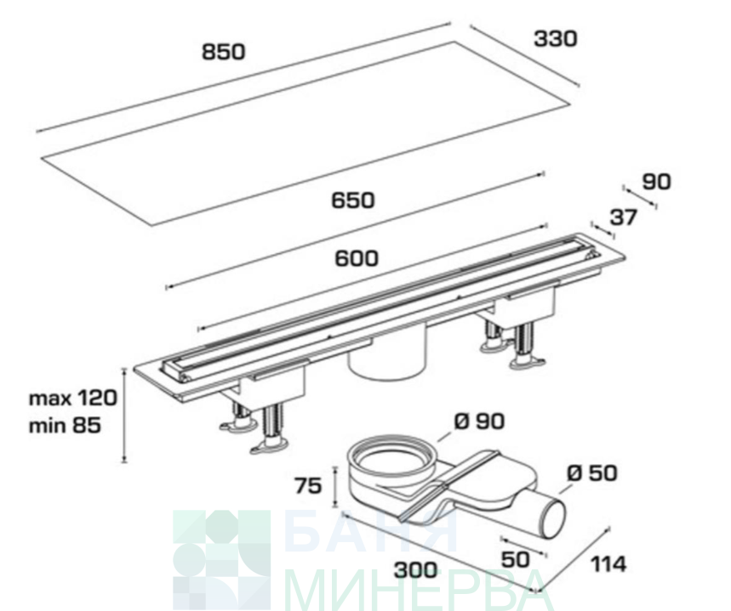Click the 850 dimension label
click(x=223, y=52)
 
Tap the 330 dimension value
click(x=555, y=39)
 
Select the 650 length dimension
click(x=353, y=201)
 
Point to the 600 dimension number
click(x=357, y=258)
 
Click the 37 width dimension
click(x=623, y=218)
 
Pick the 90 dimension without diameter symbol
click(x=656, y=182)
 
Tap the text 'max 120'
click(x=73, y=399)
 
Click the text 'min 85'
click(x=65, y=425)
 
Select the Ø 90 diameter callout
click(x=479, y=422)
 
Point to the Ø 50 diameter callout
click(x=592, y=473)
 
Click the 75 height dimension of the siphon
click(x=308, y=486)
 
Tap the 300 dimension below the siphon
click(x=416, y=570)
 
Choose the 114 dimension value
click(x=608, y=564)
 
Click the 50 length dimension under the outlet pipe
click(x=515, y=559)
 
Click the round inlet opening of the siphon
click(x=394, y=458)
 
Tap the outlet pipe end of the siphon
click(x=551, y=515)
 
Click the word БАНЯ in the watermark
click(x=371, y=532)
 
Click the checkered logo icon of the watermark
click(x=222, y=560)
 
